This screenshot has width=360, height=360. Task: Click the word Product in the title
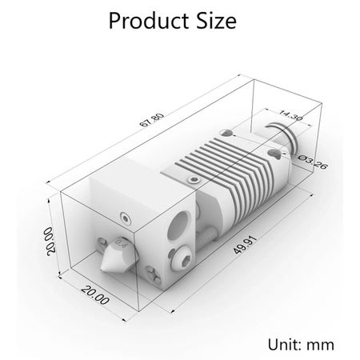click(x=148, y=22)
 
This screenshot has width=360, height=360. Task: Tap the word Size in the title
click(x=216, y=21)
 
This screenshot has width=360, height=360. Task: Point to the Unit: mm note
click(x=301, y=344)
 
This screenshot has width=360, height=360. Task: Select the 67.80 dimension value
click(x=152, y=120)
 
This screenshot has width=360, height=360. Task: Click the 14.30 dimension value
click(x=290, y=115)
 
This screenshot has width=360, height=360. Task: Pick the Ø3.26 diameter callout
click(x=313, y=162)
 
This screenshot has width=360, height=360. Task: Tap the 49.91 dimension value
click(x=245, y=245)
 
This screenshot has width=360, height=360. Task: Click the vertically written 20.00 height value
click(x=50, y=241)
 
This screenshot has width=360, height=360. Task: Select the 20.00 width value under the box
click(x=95, y=294)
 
